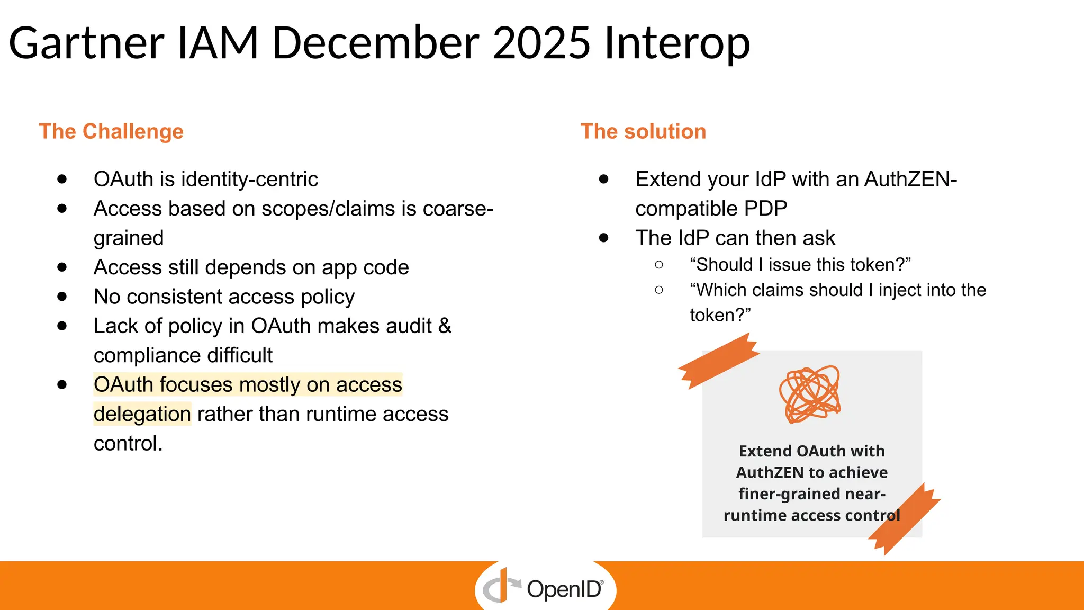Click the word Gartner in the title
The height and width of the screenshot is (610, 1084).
(86, 43)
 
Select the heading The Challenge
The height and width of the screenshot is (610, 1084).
(111, 131)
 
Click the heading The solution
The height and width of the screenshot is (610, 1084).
(643, 131)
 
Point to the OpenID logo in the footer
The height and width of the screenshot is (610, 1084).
(545, 588)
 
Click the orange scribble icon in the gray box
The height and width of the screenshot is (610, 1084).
(810, 394)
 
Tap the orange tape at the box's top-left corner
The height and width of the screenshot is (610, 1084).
(719, 360)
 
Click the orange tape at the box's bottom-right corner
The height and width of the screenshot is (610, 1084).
(904, 519)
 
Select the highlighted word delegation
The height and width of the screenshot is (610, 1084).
(142, 414)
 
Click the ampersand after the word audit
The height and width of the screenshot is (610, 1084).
(445, 326)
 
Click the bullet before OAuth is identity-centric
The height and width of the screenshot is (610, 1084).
(62, 179)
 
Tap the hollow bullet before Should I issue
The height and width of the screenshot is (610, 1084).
(659, 264)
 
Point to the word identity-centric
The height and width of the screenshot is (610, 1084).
(249, 180)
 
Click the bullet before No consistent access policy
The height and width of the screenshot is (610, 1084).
(62, 297)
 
